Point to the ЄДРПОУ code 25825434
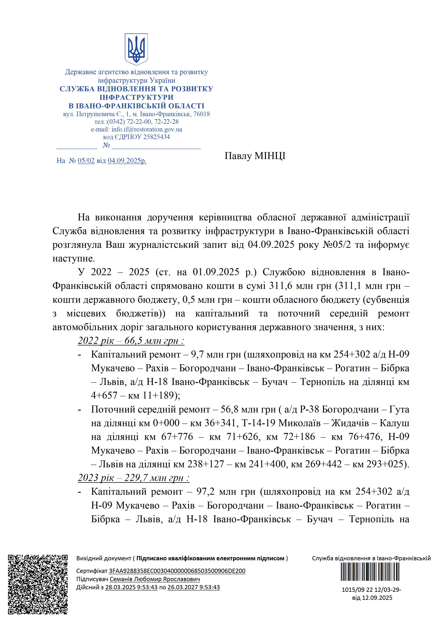(156, 137)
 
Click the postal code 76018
(202, 114)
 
